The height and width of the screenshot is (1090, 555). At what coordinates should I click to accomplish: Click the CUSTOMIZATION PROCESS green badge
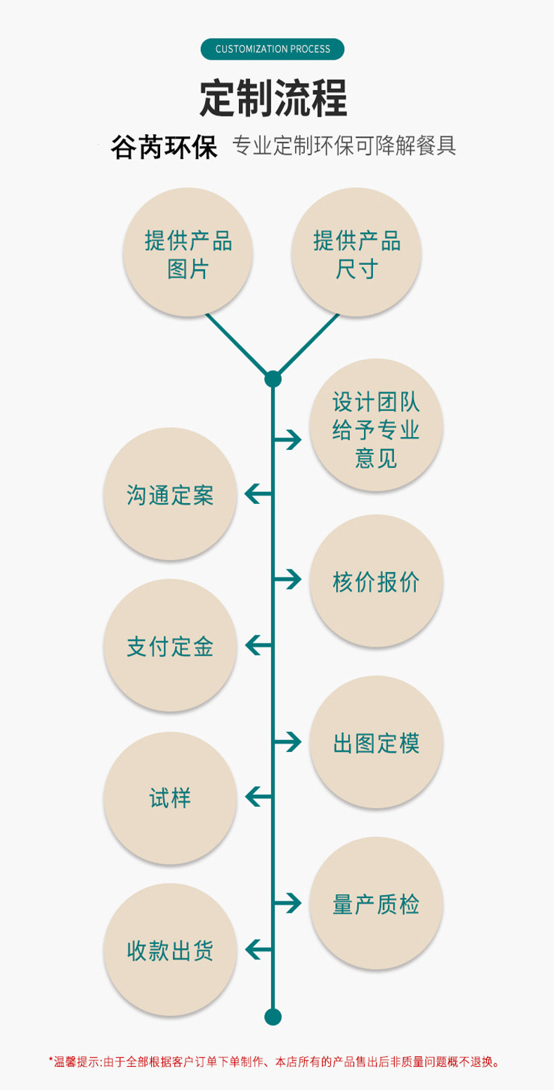(273, 49)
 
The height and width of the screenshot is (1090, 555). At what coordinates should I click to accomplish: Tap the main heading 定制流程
(273, 98)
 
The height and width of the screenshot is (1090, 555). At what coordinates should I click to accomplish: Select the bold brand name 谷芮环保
(164, 148)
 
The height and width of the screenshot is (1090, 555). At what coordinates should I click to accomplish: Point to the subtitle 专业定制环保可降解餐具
(344, 145)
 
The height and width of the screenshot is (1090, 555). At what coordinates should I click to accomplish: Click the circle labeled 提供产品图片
(188, 252)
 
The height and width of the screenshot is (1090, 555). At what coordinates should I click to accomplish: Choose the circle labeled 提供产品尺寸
(356, 252)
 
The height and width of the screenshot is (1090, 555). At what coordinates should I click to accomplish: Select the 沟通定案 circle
(170, 494)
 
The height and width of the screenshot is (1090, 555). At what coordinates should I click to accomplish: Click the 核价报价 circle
(376, 581)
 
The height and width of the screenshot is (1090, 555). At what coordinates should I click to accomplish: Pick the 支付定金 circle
(170, 645)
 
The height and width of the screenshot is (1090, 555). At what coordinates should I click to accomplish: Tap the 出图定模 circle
(376, 742)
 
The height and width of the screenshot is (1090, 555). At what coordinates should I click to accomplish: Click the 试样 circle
(170, 798)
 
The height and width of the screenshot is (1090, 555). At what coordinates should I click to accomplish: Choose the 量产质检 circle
(376, 903)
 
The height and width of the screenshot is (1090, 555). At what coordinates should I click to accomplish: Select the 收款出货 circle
(170, 950)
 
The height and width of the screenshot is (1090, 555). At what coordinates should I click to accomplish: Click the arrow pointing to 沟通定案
(258, 494)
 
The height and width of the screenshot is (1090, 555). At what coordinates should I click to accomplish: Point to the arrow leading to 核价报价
(287, 580)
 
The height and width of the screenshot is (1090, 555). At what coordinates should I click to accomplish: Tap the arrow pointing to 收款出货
(258, 950)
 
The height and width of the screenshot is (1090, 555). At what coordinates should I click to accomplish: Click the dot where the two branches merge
(273, 379)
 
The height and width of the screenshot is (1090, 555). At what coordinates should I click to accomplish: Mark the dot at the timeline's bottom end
(273, 1017)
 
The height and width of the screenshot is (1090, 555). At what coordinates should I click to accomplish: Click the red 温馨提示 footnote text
(274, 1062)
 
